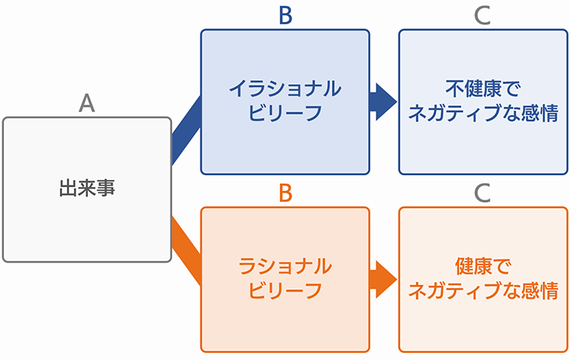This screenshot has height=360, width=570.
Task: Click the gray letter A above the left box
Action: pyautogui.click(x=87, y=103)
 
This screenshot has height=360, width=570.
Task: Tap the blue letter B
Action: pyautogui.click(x=285, y=15)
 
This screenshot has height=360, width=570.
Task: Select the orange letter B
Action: pyautogui.click(x=285, y=193)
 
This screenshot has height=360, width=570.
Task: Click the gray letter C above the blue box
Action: pyautogui.click(x=483, y=15)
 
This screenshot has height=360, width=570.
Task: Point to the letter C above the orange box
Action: pyautogui.click(x=483, y=193)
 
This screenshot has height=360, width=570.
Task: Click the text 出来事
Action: pyautogui.click(x=87, y=189)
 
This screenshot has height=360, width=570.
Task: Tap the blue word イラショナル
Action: pyautogui.click(x=285, y=89)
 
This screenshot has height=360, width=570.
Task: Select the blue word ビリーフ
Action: pyautogui.click(x=285, y=113)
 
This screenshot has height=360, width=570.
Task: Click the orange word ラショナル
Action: pyautogui.click(x=285, y=266)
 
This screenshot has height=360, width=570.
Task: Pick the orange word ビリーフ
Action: pyautogui.click(x=285, y=291)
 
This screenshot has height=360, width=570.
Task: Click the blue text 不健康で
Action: pyautogui.click(x=483, y=89)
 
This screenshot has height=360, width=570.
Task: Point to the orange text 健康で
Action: pyautogui.click(x=483, y=266)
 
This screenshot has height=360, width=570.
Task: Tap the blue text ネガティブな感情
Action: pyautogui.click(x=483, y=113)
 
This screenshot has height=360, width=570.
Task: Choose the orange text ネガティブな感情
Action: pyautogui.click(x=483, y=291)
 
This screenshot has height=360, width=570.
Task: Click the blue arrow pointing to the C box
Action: pyautogui.click(x=383, y=101)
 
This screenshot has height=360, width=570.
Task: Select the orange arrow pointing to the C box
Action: pyautogui.click(x=383, y=279)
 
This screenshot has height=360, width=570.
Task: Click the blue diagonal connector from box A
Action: pyautogui.click(x=186, y=130)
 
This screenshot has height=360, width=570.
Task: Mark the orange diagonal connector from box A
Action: pyautogui.click(x=186, y=251)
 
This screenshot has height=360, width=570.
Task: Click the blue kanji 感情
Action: pyautogui.click(x=540, y=113)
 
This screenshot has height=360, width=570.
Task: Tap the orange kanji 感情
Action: pyautogui.click(x=540, y=291)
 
